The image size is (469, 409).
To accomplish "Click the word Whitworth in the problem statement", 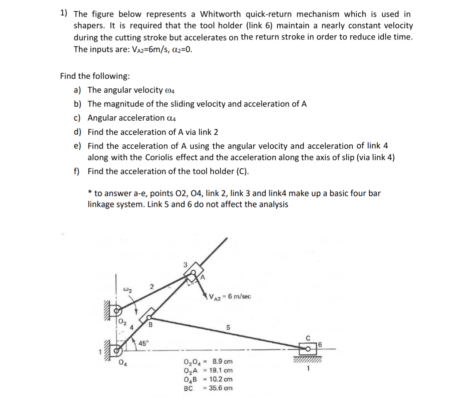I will tap(220, 14).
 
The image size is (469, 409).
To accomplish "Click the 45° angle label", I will tap(144, 344).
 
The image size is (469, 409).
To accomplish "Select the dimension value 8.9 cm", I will tap(222, 361).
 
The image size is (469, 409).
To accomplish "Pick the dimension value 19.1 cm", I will tap(221, 370).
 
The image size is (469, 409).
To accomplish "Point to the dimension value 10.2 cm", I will tap(221, 379).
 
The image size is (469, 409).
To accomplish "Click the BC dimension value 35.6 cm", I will tap(221, 388).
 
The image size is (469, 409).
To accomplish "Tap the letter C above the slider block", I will tap(308, 338).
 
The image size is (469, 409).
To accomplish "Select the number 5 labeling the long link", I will tap(228, 327).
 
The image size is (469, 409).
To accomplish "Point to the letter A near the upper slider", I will tap(203, 277).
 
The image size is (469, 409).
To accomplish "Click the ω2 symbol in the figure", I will tap(127, 290).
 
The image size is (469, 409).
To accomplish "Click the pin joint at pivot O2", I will tap(117, 311).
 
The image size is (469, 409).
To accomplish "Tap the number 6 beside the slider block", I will tap(320, 344).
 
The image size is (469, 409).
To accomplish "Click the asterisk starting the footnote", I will tap(89, 193).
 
